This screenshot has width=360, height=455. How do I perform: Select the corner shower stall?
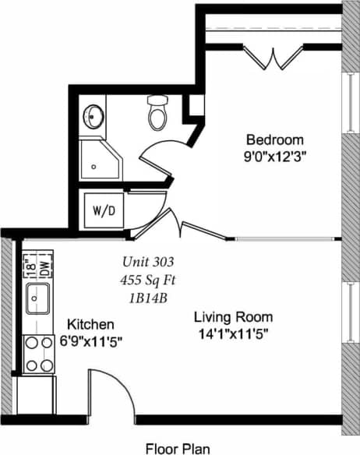[101, 160]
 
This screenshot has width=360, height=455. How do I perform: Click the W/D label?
[103, 210]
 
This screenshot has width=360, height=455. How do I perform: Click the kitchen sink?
[37, 298]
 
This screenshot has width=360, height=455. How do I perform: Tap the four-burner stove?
[37, 352]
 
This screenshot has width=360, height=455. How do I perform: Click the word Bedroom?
[274, 139]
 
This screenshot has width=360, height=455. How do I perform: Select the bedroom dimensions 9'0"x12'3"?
[274, 156]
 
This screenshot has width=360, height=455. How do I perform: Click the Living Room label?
[233, 317]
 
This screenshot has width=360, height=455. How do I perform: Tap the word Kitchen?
[91, 324]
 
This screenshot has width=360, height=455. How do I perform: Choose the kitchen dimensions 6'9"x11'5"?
[91, 340]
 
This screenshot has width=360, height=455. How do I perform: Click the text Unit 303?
[148, 261]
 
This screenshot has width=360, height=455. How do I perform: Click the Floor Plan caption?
[178, 447]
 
